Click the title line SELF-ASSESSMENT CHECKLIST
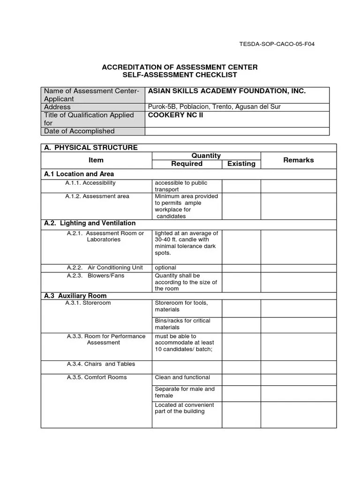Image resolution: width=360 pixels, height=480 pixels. tap(180, 75)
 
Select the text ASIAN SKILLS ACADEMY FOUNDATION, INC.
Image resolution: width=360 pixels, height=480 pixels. tap(227, 91)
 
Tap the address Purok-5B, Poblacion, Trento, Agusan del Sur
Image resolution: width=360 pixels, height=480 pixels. tap(214, 107)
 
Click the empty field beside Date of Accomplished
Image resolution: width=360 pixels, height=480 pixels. tap(239, 131)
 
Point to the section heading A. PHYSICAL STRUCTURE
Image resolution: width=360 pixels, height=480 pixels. tap(91, 148)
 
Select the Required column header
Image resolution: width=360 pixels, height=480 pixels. tap(187, 164)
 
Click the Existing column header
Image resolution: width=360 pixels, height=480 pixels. tap(241, 164)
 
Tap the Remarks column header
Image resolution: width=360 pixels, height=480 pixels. tap(298, 160)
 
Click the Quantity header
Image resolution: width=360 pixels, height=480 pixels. tap(206, 156)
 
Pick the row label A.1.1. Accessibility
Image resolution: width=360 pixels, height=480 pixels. tap(90, 183)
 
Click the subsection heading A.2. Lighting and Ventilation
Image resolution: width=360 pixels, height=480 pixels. tap(90, 223)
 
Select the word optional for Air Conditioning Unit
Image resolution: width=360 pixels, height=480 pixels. tap(165, 268)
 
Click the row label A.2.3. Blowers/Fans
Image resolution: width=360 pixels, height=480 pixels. tap(96, 276)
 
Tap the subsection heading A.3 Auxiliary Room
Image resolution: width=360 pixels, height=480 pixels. tap(75, 296)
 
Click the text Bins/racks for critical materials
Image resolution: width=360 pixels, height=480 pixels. tap(182, 324)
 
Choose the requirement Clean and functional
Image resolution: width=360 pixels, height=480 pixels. tap(182, 377)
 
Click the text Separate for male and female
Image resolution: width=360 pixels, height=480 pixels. tap(184, 392)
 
